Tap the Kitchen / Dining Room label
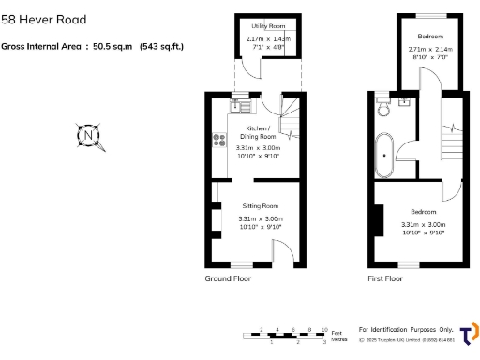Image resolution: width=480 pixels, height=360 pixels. (x=257, y=132)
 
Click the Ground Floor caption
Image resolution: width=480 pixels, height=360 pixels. (x=228, y=278)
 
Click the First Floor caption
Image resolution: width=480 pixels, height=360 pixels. (x=384, y=278)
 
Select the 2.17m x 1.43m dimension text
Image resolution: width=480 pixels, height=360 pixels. (x=268, y=38)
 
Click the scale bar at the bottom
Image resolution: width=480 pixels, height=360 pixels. (x=286, y=334)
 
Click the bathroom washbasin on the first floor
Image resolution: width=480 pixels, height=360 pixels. (x=405, y=102)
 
